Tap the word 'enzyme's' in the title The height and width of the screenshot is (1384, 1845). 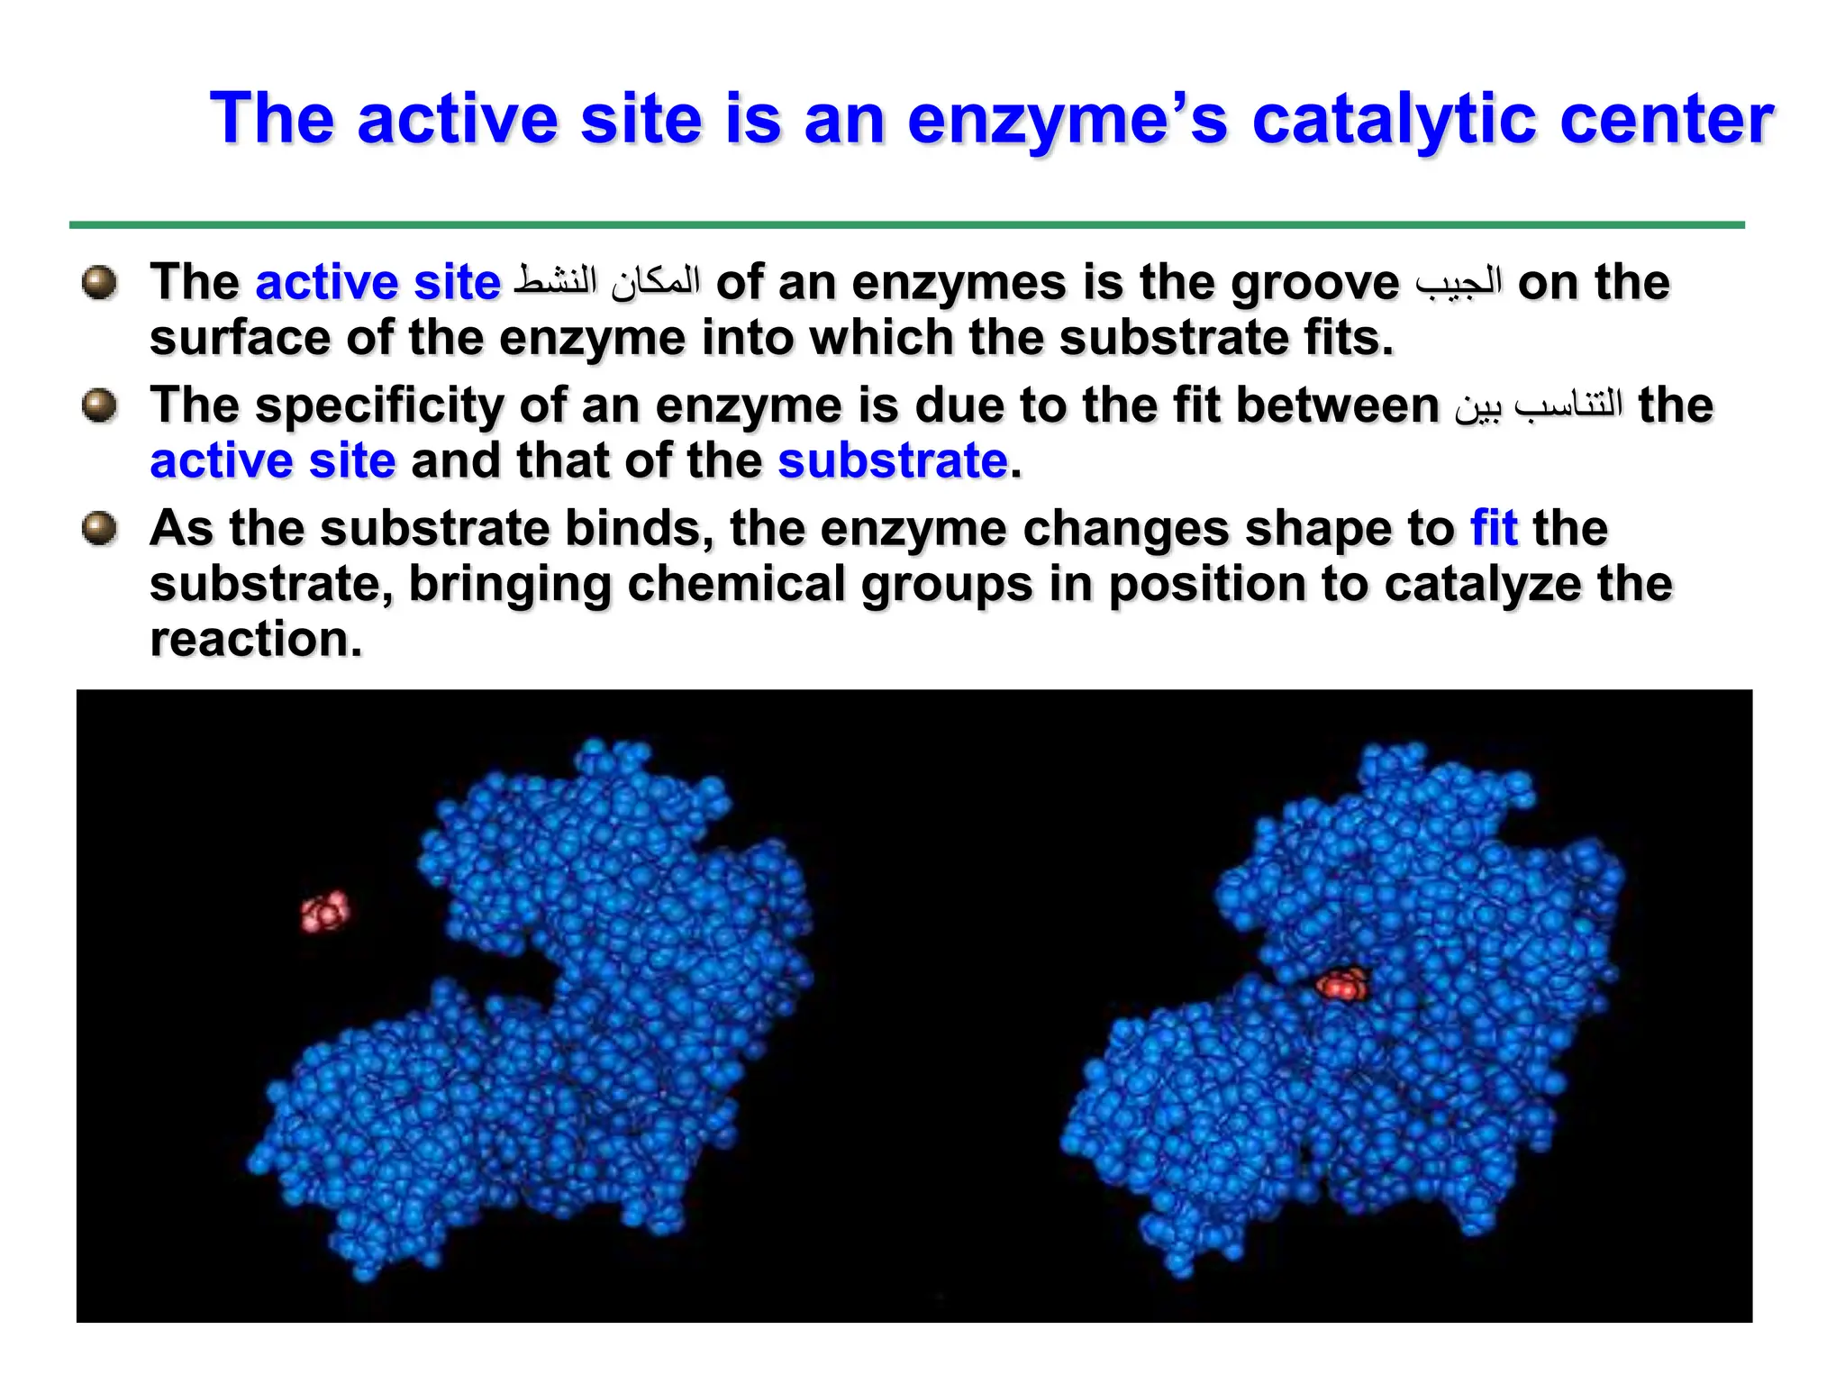pyautogui.click(x=1067, y=119)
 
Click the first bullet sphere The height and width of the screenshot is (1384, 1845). pyautogui.click(x=99, y=282)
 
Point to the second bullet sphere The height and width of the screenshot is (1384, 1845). pyautogui.click(x=99, y=405)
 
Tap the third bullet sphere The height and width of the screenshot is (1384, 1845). pyautogui.click(x=99, y=528)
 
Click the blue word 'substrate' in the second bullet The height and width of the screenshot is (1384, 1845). pyautogui.click(x=892, y=461)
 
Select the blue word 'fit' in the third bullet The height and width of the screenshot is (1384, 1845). pyautogui.click(x=1494, y=528)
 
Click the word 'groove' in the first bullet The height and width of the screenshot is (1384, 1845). pyautogui.click(x=1314, y=284)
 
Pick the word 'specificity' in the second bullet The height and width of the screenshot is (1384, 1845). pyautogui.click(x=379, y=405)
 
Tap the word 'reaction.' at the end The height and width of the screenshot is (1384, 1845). pyautogui.click(x=256, y=640)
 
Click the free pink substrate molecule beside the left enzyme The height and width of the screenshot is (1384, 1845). pyautogui.click(x=324, y=912)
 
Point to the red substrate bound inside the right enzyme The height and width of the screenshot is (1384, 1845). pyautogui.click(x=1341, y=984)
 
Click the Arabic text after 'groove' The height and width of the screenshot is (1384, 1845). pyautogui.click(x=1459, y=282)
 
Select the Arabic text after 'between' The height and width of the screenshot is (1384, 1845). pyautogui.click(x=1539, y=405)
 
